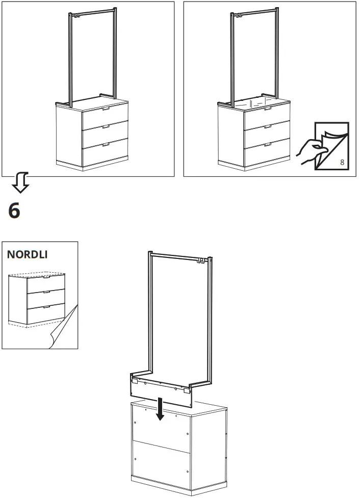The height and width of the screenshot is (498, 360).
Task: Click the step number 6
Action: (14, 210)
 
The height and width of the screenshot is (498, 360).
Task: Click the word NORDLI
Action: (28, 254)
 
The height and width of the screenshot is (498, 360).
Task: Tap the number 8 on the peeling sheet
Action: (342, 162)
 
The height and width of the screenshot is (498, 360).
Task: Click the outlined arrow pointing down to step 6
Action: (21, 182)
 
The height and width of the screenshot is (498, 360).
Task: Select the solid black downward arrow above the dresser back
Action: (161, 409)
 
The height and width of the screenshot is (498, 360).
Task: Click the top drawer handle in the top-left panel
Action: (106, 109)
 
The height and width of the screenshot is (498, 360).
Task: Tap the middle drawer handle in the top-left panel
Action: (106, 127)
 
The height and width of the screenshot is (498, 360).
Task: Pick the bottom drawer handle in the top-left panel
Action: (106, 145)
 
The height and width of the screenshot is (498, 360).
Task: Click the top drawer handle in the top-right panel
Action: (268, 109)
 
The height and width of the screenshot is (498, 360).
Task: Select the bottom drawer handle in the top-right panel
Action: (268, 145)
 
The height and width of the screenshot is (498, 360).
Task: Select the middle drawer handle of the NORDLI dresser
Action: (46, 292)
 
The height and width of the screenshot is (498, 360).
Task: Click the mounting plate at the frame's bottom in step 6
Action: (162, 390)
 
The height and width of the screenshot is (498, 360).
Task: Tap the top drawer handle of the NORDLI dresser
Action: (46, 277)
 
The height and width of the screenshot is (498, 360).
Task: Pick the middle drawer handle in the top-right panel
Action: (268, 127)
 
